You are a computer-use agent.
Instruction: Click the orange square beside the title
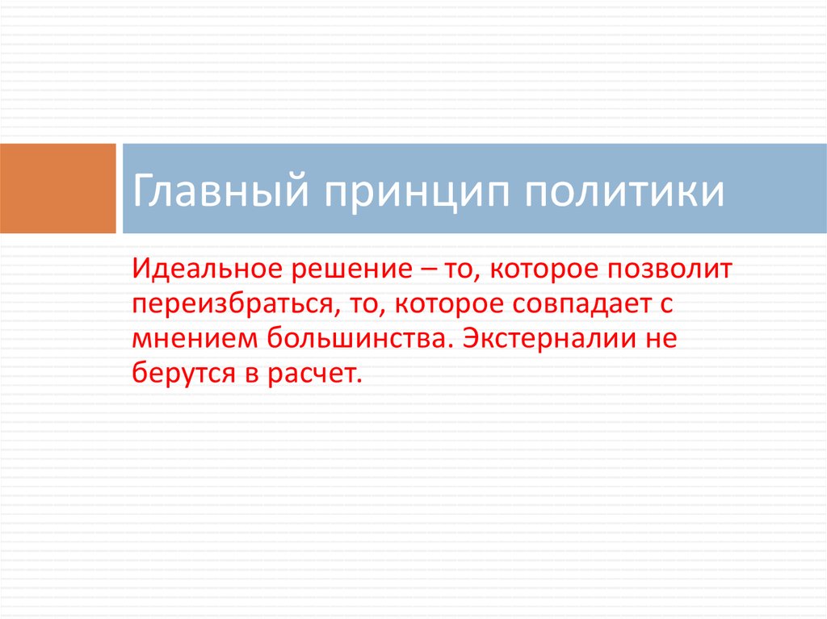(57, 188)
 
